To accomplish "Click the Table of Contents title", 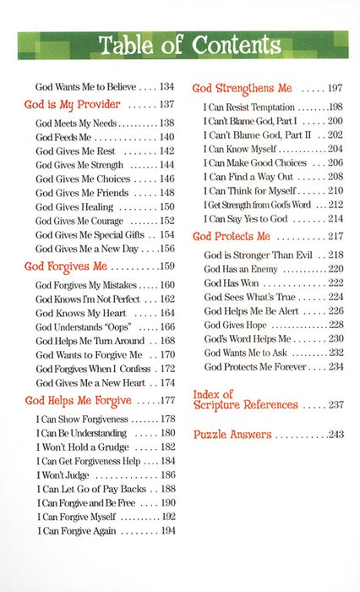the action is [x=180, y=45].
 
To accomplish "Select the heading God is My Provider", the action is [x=72, y=104].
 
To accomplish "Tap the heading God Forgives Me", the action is [x=64, y=266].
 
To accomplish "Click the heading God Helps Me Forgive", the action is [x=78, y=399].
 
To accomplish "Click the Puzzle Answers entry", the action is [x=232, y=434].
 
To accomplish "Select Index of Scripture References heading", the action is [x=245, y=399].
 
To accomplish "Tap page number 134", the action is [x=166, y=85].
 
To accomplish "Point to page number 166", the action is [x=166, y=326].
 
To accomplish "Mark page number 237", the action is [x=335, y=405].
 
